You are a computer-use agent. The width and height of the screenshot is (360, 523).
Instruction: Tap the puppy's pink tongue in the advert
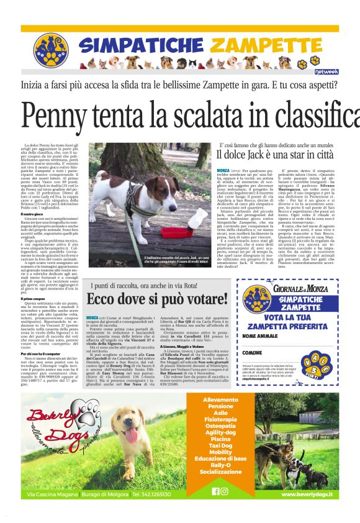pos(130,434)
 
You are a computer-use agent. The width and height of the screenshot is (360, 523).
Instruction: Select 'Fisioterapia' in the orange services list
pos(228,419)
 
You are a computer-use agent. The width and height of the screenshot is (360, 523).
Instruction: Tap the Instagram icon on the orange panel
pos(233,491)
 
